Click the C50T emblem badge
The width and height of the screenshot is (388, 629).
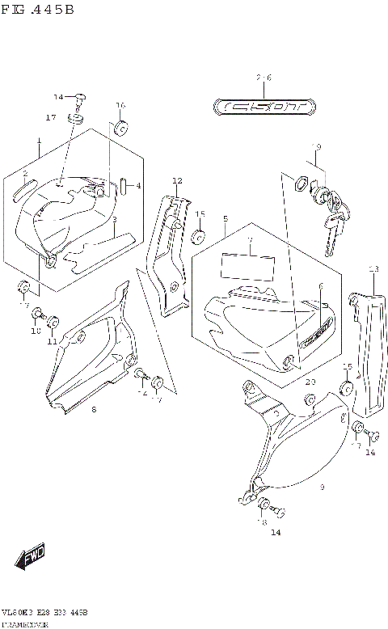pos(264,106)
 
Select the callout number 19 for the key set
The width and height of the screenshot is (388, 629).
pos(317,147)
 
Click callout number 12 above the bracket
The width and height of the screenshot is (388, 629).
pos(177,180)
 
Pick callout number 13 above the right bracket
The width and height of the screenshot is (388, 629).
pos(373,268)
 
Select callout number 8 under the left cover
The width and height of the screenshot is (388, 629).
pos(94,410)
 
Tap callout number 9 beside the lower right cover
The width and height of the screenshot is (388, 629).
pos(322,487)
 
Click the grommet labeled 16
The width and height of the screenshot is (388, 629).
pos(121,128)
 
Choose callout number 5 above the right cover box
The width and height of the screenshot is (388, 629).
pos(226,219)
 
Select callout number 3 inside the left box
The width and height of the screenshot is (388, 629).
pos(114,219)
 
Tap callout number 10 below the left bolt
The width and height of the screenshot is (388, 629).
pos(35,331)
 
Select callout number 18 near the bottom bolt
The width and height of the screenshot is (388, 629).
pos(261,523)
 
